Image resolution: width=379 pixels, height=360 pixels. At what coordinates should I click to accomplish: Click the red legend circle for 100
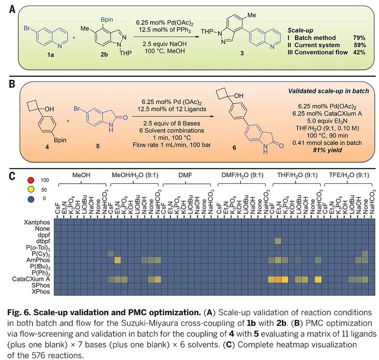[31, 180]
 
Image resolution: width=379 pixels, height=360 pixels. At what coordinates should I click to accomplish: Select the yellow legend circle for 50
[31, 190]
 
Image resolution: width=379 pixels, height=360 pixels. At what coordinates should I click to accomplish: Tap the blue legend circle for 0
[31, 199]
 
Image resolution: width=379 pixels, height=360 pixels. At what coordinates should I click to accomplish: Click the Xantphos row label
[37, 222]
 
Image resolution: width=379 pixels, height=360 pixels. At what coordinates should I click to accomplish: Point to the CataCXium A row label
[31, 279]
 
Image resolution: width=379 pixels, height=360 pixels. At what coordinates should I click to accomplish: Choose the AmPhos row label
[38, 260]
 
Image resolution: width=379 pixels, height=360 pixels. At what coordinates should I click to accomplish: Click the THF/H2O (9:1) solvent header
[297, 175]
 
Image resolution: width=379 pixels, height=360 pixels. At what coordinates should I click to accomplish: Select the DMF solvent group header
[185, 175]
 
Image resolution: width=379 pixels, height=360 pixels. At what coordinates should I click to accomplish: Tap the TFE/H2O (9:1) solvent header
[349, 175]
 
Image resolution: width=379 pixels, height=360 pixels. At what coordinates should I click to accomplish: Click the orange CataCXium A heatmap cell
[278, 279]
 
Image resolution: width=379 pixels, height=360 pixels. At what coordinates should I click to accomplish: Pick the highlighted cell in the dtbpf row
[278, 241]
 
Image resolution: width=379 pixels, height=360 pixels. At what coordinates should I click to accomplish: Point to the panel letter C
[12, 176]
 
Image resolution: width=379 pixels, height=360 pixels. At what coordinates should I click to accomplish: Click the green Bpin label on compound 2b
[107, 20]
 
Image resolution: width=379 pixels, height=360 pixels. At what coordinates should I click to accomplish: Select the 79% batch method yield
[359, 38]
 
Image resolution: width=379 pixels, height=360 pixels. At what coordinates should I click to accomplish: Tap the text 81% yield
[327, 150]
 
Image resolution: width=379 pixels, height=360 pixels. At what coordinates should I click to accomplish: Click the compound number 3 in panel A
[242, 54]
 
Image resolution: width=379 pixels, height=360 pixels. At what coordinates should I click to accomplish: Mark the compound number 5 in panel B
[98, 146]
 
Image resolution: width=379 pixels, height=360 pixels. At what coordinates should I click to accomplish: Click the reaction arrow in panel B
[173, 116]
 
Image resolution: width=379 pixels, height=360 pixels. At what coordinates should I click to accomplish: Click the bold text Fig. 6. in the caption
[19, 313]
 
